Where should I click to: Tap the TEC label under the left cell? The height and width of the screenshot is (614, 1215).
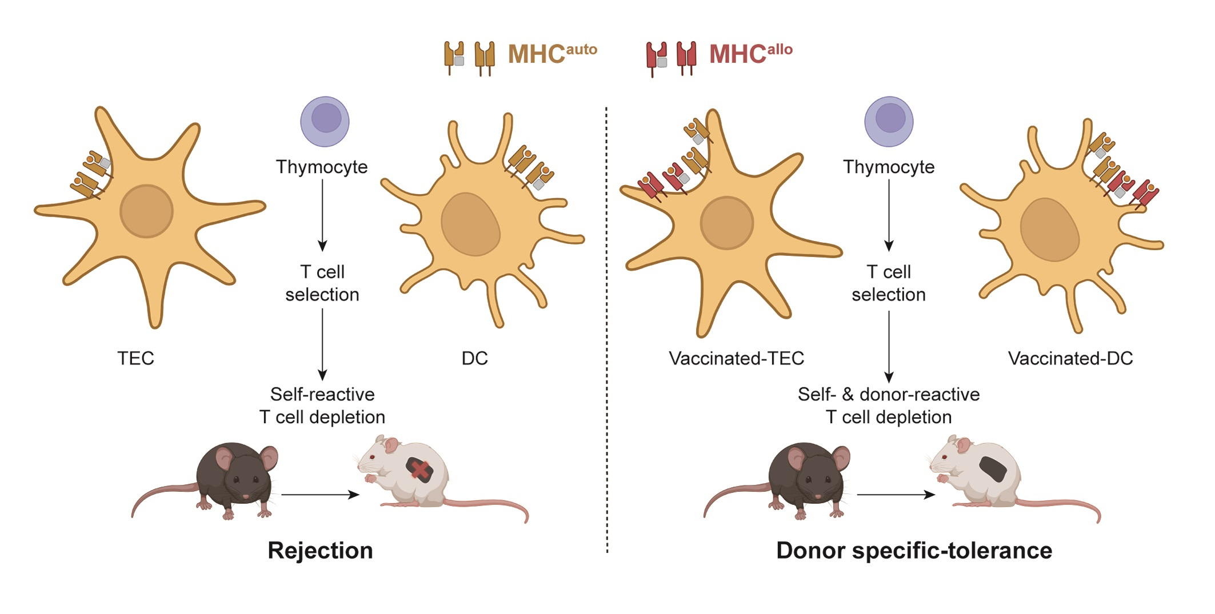[135, 358]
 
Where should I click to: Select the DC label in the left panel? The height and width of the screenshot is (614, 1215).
[474, 358]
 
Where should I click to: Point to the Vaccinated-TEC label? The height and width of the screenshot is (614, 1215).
[736, 358]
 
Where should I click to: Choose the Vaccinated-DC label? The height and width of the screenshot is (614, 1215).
[1070, 358]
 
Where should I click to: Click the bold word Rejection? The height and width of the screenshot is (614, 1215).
[320, 551]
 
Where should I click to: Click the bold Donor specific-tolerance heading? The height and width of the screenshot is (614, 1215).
[914, 551]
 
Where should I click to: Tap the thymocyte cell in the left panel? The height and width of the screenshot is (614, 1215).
[325, 121]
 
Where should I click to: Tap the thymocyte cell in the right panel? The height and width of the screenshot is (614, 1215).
[889, 121]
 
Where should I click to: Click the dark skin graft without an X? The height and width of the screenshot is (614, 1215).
[993, 468]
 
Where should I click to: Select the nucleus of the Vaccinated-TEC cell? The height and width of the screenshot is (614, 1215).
[726, 223]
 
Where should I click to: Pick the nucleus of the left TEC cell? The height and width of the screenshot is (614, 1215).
[146, 211]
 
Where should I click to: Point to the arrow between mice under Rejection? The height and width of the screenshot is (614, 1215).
[320, 495]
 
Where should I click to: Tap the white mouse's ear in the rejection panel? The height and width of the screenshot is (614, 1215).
[390, 444]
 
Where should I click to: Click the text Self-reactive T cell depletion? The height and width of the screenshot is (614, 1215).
[322, 406]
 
